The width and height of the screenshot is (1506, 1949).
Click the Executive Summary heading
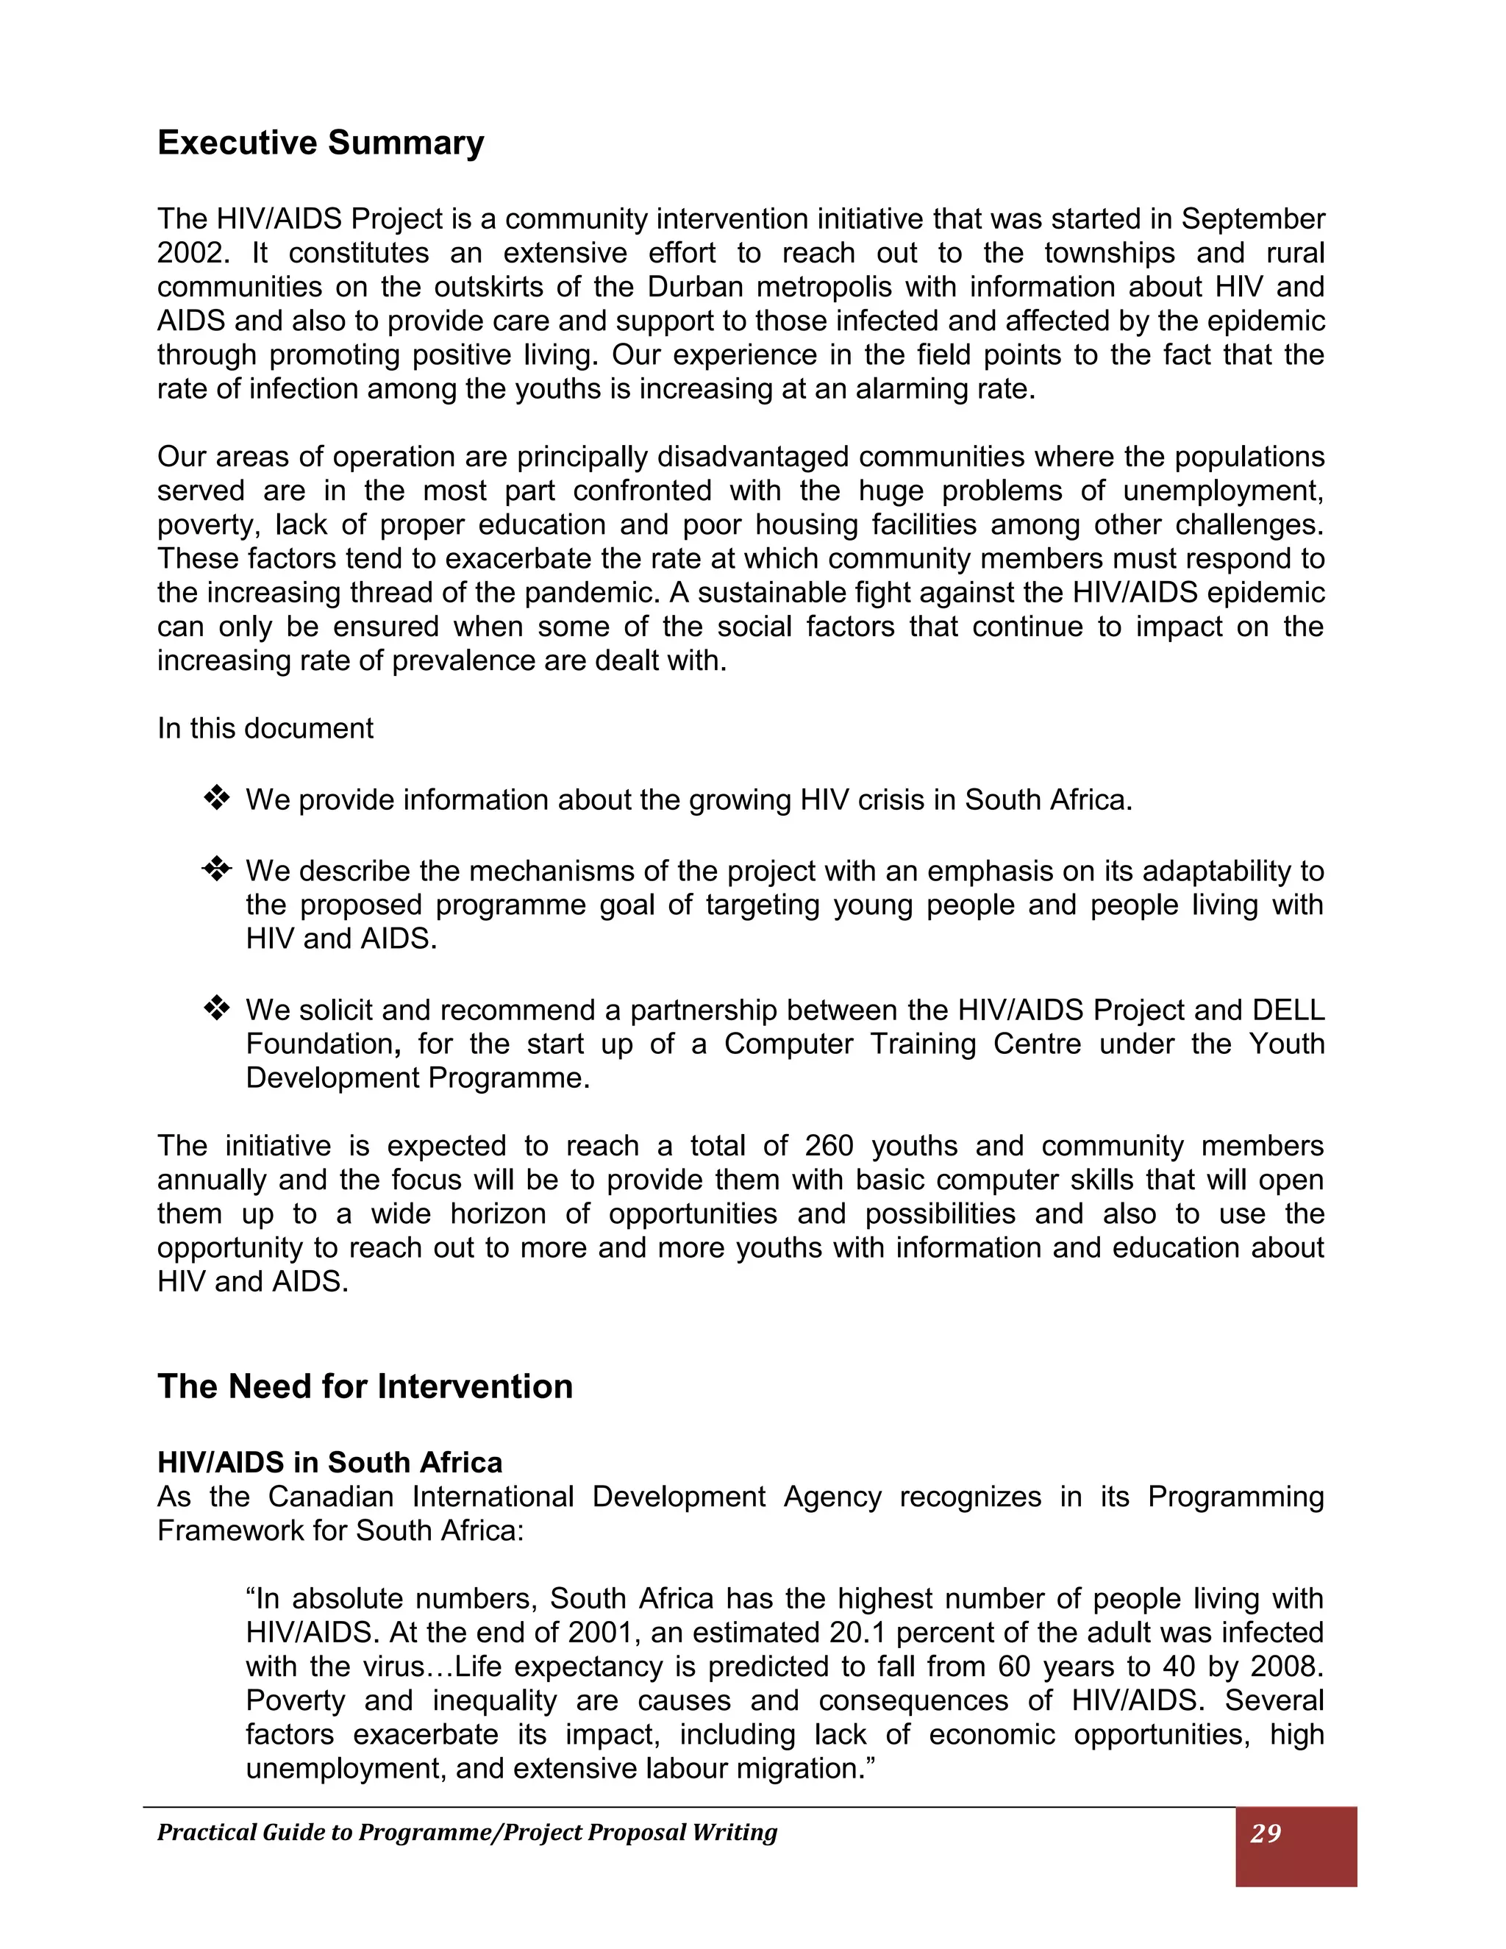pyautogui.click(x=321, y=143)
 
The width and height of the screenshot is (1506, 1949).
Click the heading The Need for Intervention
pyautogui.click(x=365, y=1386)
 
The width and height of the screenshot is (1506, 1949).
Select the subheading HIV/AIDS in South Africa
pyautogui.click(x=329, y=1462)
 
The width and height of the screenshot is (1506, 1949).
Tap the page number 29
pyautogui.click(x=1265, y=1833)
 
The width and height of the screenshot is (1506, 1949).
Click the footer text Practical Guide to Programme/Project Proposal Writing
pyautogui.click(x=467, y=1832)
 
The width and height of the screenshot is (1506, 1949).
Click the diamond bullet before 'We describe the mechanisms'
pyautogui.click(x=217, y=869)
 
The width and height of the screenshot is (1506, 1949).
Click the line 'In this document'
pyautogui.click(x=265, y=728)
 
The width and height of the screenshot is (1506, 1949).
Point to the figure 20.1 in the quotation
pyautogui.click(x=857, y=1632)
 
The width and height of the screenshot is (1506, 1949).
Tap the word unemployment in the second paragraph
pyautogui.click(x=1221, y=491)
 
